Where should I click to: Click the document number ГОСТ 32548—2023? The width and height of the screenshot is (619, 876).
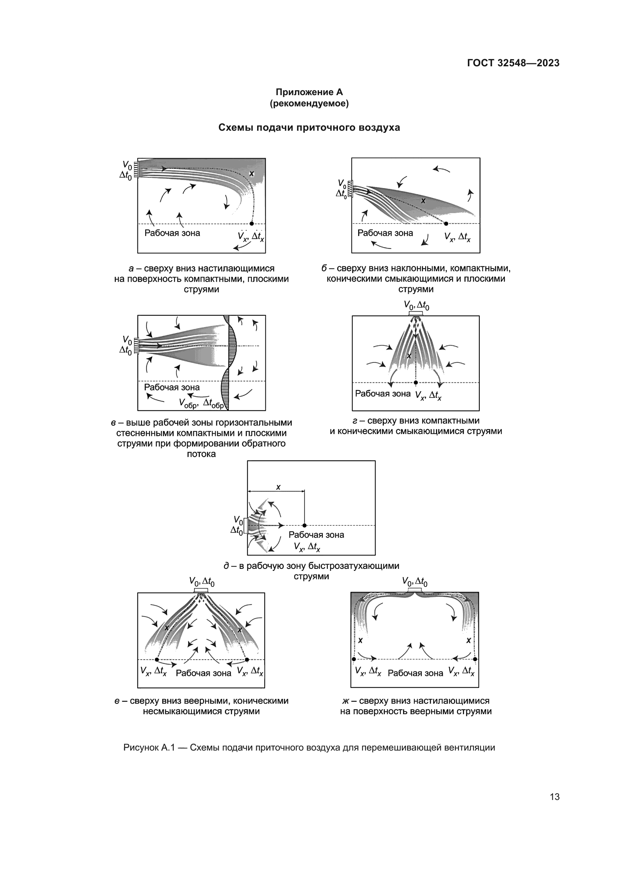click(513, 63)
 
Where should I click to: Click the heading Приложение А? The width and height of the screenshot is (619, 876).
click(309, 93)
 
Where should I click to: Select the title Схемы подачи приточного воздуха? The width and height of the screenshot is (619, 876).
click(309, 127)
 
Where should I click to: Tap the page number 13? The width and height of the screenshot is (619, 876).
click(555, 797)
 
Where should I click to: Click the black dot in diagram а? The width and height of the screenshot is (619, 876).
click(251, 224)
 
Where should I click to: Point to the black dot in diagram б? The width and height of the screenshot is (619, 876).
click(446, 224)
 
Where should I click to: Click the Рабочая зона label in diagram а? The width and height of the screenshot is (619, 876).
click(172, 233)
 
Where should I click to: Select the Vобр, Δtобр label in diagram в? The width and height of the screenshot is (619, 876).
click(202, 403)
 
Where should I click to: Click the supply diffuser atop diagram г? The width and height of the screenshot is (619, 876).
click(415, 313)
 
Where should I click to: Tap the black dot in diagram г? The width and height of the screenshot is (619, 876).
click(416, 383)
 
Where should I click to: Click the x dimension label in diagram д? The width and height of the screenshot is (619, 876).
click(278, 487)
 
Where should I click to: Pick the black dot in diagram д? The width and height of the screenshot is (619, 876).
click(305, 526)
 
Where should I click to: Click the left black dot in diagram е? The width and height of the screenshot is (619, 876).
click(157, 660)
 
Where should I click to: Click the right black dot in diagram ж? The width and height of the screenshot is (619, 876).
click(475, 659)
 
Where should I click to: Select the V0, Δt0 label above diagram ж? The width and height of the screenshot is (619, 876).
click(415, 582)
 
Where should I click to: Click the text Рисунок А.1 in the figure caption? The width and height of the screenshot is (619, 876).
click(149, 748)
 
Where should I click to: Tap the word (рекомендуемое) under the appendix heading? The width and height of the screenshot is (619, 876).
click(309, 103)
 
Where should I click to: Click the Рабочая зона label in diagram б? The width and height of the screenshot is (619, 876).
click(385, 233)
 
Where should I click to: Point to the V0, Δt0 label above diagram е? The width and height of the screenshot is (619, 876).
click(202, 582)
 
